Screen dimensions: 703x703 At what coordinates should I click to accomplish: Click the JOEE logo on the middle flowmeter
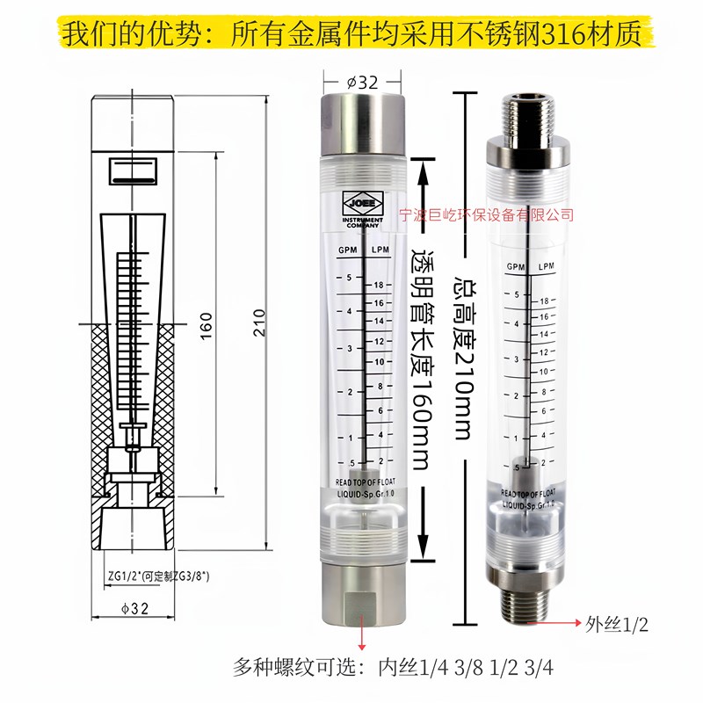[x=362, y=201]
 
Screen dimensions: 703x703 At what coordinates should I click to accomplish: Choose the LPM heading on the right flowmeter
[x=545, y=266]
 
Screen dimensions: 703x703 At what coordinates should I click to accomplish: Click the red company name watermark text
[x=486, y=214]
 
